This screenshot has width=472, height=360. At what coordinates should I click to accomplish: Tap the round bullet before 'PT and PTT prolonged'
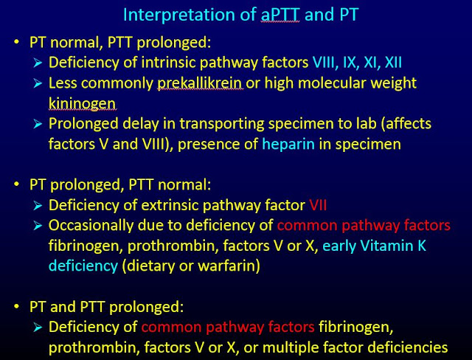(16, 303)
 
